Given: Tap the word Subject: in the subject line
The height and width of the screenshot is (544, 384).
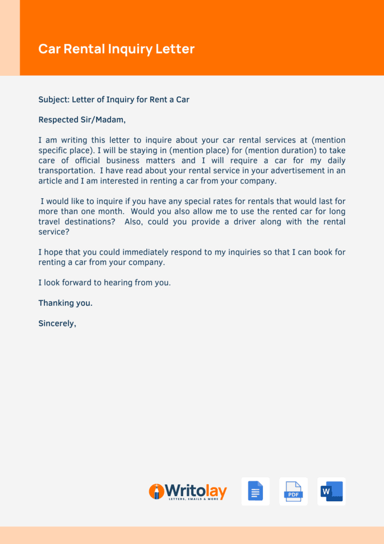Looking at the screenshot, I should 53,100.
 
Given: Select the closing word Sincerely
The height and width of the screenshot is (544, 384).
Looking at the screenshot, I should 57,324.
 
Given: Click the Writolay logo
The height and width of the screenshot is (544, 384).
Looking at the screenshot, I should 188,492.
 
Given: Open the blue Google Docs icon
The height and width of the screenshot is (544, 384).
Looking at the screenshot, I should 255,492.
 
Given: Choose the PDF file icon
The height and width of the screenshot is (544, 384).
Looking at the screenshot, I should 294,492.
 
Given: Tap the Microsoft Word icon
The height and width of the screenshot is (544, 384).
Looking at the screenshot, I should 332,492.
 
